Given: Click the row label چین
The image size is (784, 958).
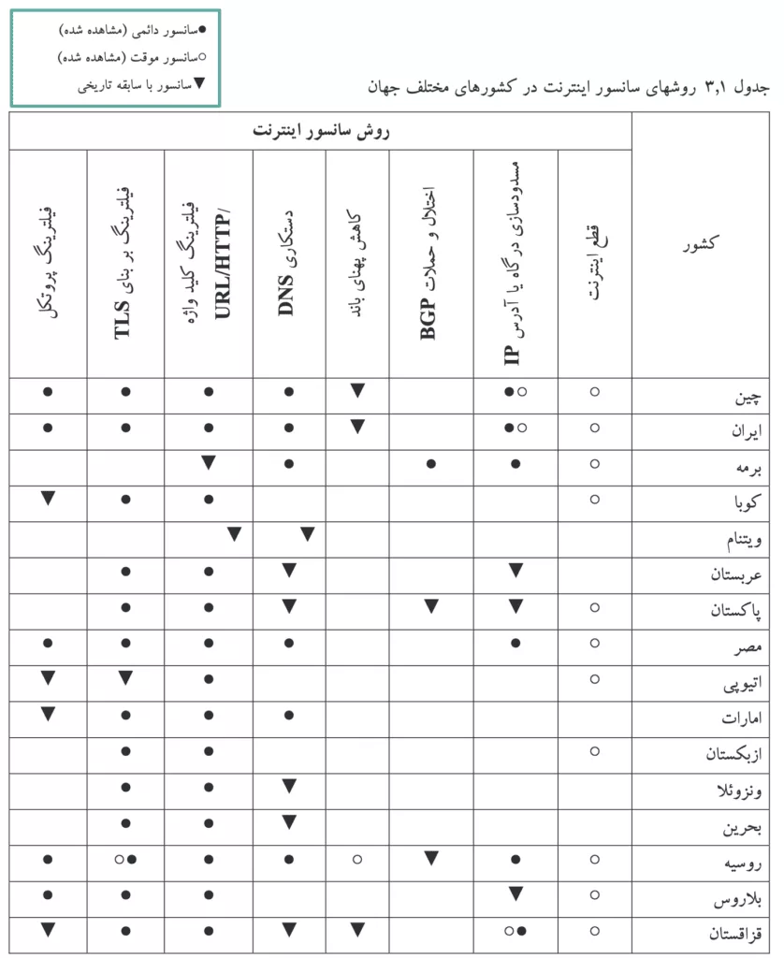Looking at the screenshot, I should click(746, 397).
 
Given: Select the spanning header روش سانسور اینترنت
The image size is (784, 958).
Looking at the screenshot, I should click(321, 131).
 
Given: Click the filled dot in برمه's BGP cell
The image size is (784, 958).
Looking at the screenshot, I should click(430, 463).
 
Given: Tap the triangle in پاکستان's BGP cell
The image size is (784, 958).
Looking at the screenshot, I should click(430, 606).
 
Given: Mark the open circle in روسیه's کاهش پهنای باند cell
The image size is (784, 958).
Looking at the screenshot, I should click(356, 859).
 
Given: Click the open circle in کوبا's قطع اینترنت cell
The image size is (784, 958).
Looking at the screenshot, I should click(595, 499).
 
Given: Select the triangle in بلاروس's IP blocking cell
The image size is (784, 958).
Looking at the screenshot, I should click(515, 894).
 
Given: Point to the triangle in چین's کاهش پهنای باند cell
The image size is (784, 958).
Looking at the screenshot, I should click(356, 390).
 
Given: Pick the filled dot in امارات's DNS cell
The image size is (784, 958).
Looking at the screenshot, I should click(289, 716).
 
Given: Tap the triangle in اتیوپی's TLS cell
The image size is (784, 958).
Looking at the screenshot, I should click(125, 678).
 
